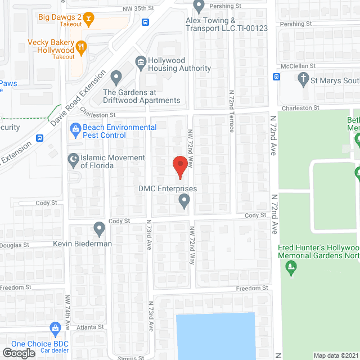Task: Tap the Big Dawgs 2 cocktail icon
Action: coord(88,18)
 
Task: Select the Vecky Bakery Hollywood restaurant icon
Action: coord(81,48)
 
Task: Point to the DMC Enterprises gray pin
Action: coord(184,200)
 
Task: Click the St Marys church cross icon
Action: coord(304,79)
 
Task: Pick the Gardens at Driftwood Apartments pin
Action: coord(116,76)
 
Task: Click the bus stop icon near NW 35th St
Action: coord(146,22)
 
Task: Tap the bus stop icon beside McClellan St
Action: coord(276,76)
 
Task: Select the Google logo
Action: coord(18,353)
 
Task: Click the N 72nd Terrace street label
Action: coord(231,110)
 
